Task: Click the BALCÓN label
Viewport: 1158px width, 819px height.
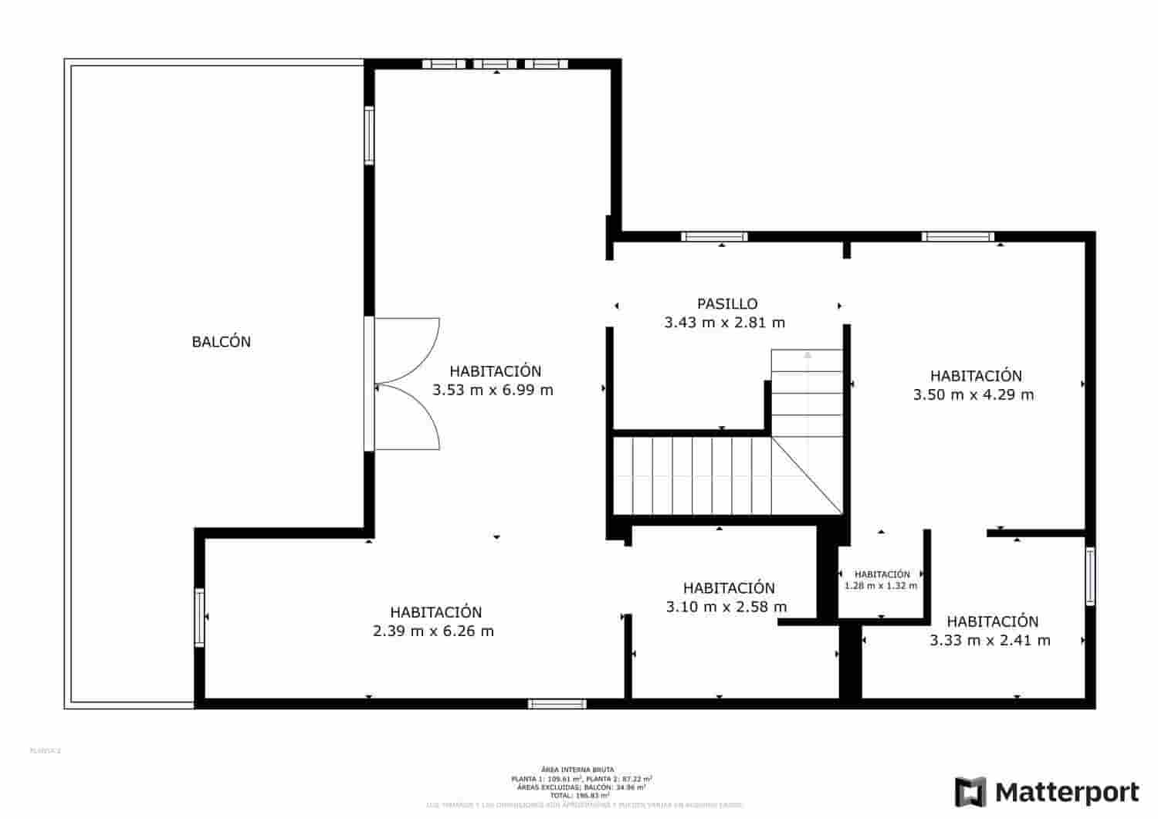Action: tap(221, 342)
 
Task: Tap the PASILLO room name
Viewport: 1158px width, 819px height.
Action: tap(727, 304)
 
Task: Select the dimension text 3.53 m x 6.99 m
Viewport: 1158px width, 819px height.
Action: tap(493, 391)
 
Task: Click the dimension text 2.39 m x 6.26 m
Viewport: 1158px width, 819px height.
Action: tap(433, 631)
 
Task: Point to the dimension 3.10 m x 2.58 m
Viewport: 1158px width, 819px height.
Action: tap(726, 607)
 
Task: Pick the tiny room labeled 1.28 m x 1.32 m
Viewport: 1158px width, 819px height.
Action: tap(881, 580)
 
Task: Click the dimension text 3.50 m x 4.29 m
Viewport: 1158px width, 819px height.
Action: tap(973, 395)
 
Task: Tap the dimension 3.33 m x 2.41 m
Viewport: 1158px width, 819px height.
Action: tap(990, 641)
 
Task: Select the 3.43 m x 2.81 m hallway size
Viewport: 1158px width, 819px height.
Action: tap(724, 323)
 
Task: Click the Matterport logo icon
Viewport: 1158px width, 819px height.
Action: tap(970, 792)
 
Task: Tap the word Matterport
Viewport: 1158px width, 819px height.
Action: tap(1067, 793)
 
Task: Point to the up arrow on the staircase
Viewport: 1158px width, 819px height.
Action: tap(808, 356)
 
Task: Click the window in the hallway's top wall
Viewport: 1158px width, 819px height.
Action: tap(714, 236)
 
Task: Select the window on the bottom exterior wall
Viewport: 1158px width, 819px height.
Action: tap(557, 704)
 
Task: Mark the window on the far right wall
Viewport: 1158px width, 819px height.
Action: tap(1090, 576)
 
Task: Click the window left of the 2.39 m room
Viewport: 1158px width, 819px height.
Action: tap(199, 618)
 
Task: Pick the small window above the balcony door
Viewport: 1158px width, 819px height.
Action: tap(369, 136)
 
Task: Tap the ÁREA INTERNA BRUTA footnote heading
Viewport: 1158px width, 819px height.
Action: tap(577, 770)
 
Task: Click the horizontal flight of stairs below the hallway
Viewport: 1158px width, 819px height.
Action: tap(691, 476)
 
